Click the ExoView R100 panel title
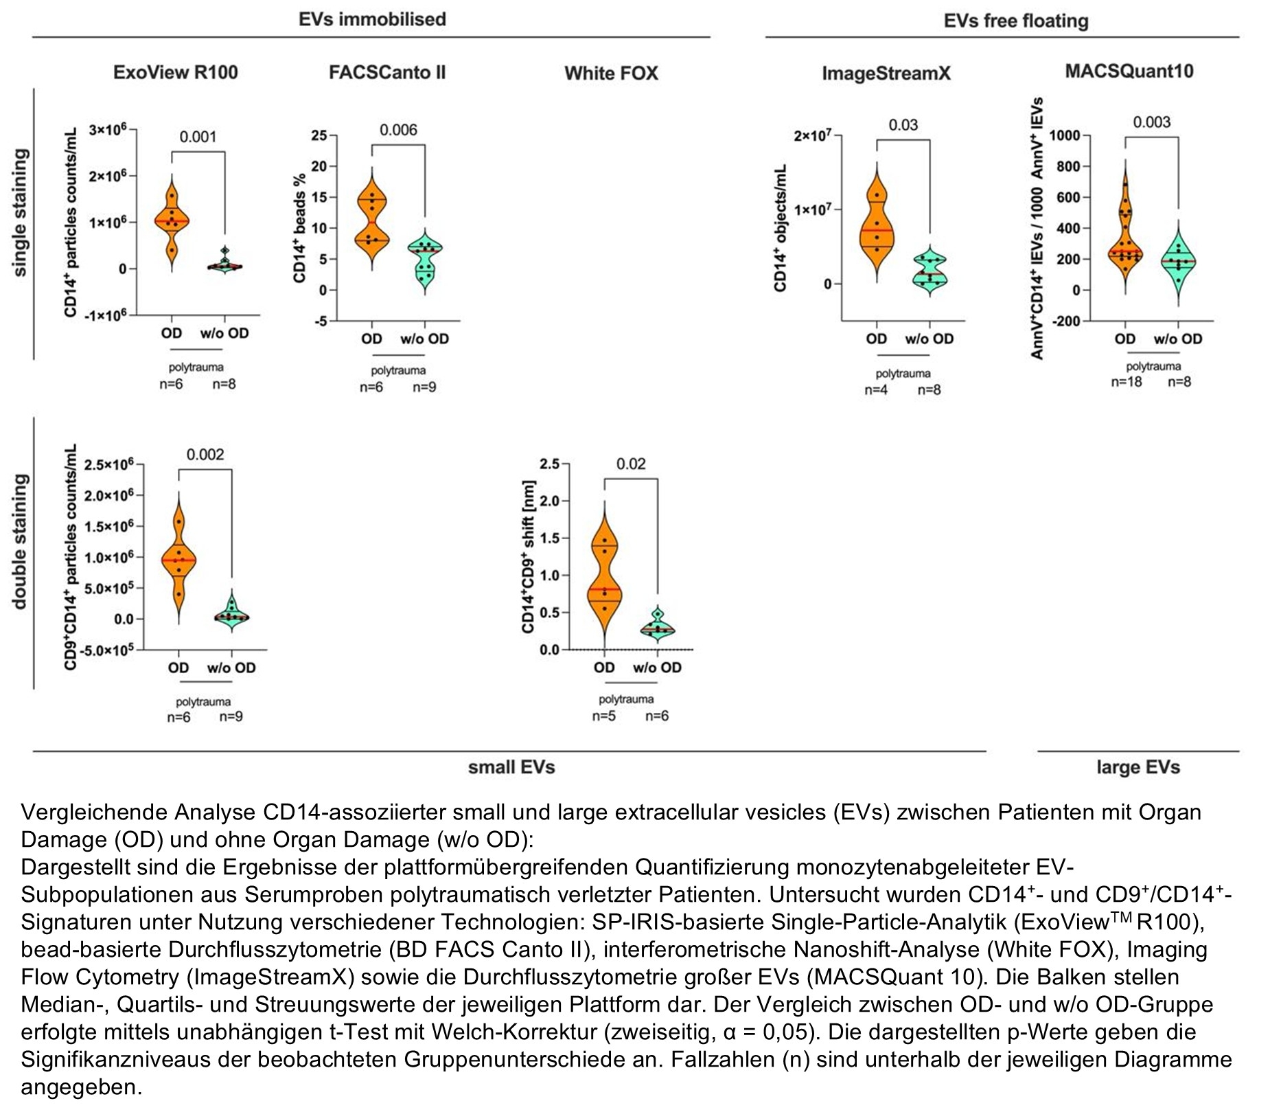tap(175, 73)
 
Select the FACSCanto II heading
tap(386, 72)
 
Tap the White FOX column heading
tap(611, 73)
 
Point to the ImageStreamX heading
tap(886, 73)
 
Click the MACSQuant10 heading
tap(1129, 71)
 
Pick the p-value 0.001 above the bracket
tap(198, 137)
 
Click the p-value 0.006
tap(398, 130)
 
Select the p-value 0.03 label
tap(903, 125)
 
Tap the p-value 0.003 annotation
tap(1151, 122)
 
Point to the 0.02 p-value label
tap(630, 464)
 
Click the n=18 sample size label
tap(1127, 382)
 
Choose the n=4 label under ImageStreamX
tap(876, 390)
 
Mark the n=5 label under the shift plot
tap(604, 716)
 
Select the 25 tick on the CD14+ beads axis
tap(319, 135)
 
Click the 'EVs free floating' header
tap(1015, 21)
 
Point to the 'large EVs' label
tap(1138, 767)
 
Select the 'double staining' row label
tap(20, 541)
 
